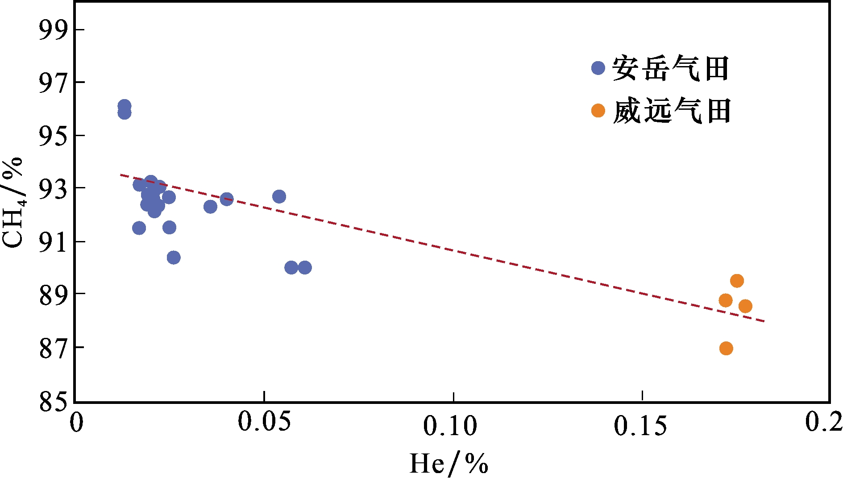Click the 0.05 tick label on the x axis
pyautogui.click(x=264, y=422)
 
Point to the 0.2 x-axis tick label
pyautogui.click(x=824, y=422)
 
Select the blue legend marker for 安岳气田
pyautogui.click(x=598, y=68)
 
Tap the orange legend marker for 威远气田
pyautogui.click(x=598, y=110)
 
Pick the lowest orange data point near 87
pyautogui.click(x=726, y=348)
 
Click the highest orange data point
pyautogui.click(x=737, y=281)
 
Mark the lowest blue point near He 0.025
pyautogui.click(x=174, y=258)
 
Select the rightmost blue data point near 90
pyautogui.click(x=305, y=268)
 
